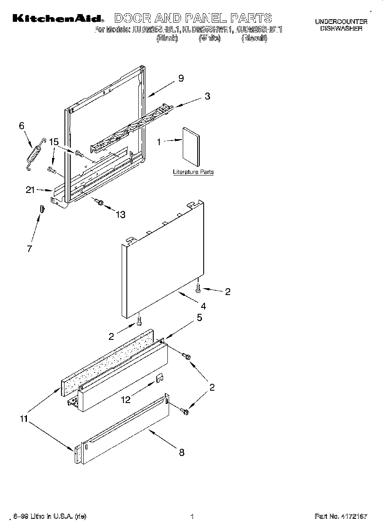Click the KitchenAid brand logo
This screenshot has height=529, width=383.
pos(57,18)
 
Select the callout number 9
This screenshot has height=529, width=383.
pos(181,78)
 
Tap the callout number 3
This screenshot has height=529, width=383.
pos(207,96)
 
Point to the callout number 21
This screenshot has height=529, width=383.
pos(30,190)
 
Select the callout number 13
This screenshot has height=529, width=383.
pos(121,215)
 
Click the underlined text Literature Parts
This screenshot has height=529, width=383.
pos(193,172)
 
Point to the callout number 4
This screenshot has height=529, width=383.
pos(203,306)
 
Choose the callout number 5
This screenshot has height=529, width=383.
pos(199,318)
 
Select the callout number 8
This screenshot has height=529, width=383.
pos(181,453)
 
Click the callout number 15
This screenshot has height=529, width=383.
pos(53,142)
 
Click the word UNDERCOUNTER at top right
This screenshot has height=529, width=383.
pos(341,21)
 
